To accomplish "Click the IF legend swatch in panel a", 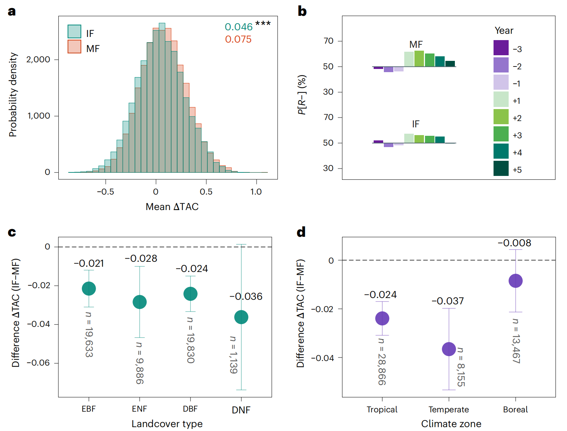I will [x=74, y=32].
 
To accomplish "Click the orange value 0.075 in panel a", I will [x=238, y=39].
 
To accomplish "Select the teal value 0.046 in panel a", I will [x=238, y=27].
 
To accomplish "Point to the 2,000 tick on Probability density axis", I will [x=38, y=59].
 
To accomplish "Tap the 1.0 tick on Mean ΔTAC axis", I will [x=256, y=192].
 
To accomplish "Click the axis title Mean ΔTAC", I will [x=172, y=207].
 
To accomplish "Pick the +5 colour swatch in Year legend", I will [x=501, y=168].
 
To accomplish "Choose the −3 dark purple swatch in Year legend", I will [x=501, y=47].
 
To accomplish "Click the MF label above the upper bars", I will [x=416, y=45].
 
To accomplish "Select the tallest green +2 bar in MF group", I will [x=419, y=59].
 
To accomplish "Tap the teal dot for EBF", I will [x=89, y=289].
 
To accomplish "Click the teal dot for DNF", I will [x=241, y=317].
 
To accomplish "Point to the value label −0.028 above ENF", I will [x=141, y=259].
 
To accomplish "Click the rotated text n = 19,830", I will [x=190, y=340].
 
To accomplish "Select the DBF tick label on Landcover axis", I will [x=190, y=409].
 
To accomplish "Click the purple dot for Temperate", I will [x=449, y=349].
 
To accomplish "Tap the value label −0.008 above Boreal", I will [x=514, y=243].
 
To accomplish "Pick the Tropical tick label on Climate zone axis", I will [x=382, y=410].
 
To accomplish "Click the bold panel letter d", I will [x=301, y=232].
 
